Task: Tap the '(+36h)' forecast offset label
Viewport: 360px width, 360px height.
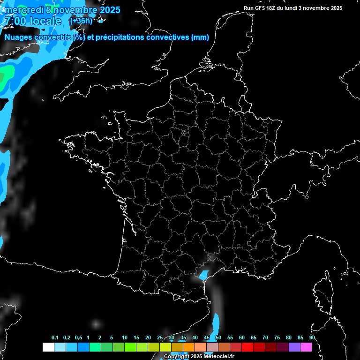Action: [81, 21]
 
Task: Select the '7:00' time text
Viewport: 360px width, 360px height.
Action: [15, 21]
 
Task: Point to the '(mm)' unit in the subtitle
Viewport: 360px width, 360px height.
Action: [200, 37]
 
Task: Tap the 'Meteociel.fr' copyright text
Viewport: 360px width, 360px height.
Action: [219, 356]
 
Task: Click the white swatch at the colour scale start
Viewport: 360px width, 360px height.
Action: [48, 347]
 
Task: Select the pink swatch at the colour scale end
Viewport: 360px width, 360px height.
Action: [306, 347]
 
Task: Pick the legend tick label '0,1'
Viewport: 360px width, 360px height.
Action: [55, 338]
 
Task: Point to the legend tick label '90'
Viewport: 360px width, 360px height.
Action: [312, 338]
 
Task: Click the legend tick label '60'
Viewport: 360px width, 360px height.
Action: [242, 338]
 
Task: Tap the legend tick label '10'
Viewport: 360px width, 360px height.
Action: [124, 338]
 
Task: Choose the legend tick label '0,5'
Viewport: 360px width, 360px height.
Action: [78, 338]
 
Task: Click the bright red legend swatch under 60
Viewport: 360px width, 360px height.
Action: [247, 347]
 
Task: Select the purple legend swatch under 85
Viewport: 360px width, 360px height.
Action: [294, 347]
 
